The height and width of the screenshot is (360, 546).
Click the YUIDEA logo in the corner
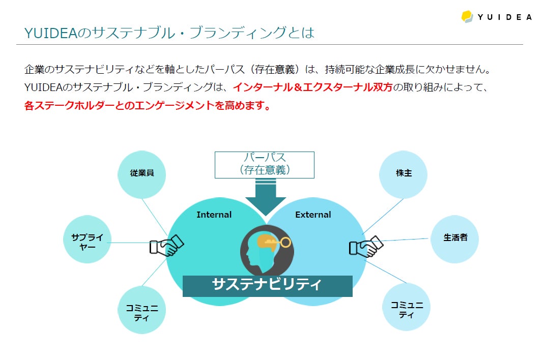pyautogui.click(x=496, y=16)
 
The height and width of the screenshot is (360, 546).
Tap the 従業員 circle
pyautogui.click(x=142, y=173)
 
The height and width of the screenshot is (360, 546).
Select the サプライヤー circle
pyautogui.click(x=87, y=239)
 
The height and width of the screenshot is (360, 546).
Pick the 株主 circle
pyautogui.click(x=404, y=173)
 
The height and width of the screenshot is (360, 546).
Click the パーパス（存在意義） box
pyautogui.click(x=264, y=164)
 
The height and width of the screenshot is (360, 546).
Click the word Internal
pyautogui.click(x=214, y=215)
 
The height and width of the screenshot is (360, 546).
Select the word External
pyautogui.click(x=313, y=215)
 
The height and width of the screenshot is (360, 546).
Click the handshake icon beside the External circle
pyautogui.click(x=365, y=247)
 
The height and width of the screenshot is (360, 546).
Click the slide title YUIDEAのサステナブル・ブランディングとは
pyautogui.click(x=169, y=33)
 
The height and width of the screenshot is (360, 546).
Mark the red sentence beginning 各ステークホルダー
pyautogui.click(x=147, y=106)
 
